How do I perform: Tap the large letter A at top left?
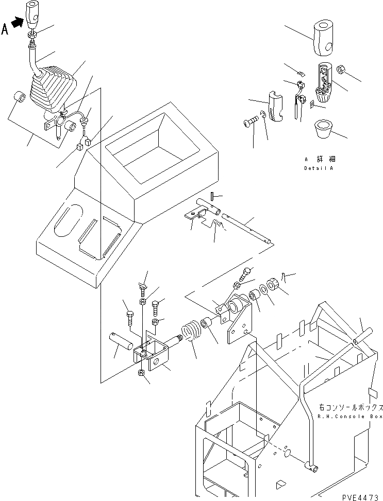point(5,29)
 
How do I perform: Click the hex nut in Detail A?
point(341,69)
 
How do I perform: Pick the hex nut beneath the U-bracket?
point(142,373)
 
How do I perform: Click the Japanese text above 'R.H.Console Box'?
point(351,407)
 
